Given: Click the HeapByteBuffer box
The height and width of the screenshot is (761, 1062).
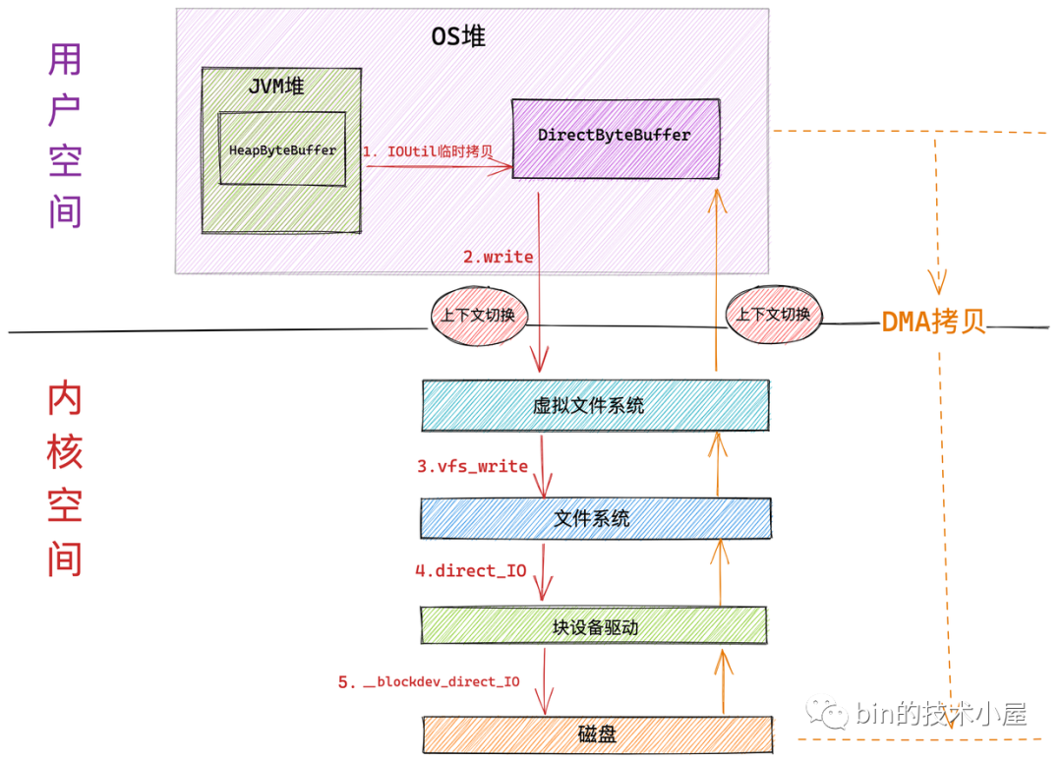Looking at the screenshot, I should click(282, 149).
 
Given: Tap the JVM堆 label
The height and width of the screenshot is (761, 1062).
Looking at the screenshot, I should click(275, 87).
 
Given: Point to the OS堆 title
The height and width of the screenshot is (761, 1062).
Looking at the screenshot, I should click(458, 37).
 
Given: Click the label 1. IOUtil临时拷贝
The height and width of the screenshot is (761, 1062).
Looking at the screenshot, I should click(428, 152).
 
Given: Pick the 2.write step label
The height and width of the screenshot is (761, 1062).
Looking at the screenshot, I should click(499, 257).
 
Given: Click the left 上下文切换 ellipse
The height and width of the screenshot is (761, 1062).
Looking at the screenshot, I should click(479, 315).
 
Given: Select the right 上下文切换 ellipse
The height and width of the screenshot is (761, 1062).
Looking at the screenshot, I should click(774, 315).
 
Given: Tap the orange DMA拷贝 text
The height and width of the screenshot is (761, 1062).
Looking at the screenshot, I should click(932, 321).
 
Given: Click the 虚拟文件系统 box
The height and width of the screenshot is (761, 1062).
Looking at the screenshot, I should click(594, 405).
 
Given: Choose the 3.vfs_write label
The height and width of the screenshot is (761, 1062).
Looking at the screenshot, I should click(472, 466).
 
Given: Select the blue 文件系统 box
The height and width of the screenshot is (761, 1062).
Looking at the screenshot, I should click(594, 518).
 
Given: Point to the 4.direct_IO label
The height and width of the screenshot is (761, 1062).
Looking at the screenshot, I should click(471, 570).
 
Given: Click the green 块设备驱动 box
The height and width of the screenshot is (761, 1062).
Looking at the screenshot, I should click(594, 626).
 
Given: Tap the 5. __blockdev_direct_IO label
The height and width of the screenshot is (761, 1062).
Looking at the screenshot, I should click(429, 681).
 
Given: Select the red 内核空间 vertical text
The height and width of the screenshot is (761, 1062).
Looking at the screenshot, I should click(65, 480).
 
